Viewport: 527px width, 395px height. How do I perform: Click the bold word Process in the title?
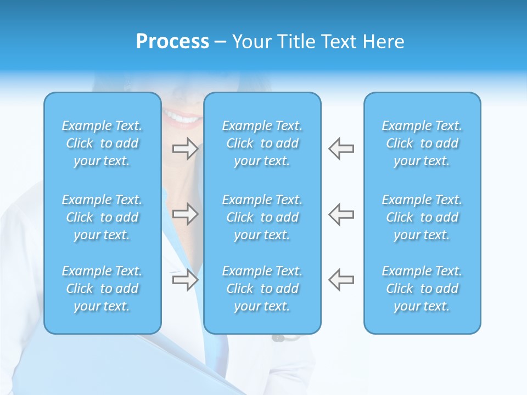tap(172, 42)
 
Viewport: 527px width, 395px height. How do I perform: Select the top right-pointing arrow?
tap(186, 149)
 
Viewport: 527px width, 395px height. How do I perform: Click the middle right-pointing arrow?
tap(186, 214)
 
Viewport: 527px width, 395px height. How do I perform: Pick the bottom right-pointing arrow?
tap(186, 280)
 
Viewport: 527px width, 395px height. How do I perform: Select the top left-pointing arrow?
tap(341, 149)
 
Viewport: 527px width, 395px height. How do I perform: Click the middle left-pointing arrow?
tap(341, 214)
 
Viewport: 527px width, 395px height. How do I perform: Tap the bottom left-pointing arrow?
tap(341, 280)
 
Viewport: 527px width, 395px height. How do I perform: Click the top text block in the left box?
tap(102, 143)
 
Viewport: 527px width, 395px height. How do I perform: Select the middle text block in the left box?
tap(102, 217)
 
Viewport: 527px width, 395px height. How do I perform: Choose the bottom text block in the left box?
tap(102, 289)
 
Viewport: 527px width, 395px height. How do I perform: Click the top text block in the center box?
tap(262, 143)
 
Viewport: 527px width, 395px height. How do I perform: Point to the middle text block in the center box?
tap(262, 217)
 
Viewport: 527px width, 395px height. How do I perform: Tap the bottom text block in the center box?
tap(262, 289)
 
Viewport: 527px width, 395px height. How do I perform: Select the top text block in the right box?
tap(422, 143)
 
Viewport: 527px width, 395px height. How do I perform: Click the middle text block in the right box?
tap(422, 217)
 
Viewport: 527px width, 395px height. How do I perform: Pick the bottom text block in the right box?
tap(422, 289)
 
